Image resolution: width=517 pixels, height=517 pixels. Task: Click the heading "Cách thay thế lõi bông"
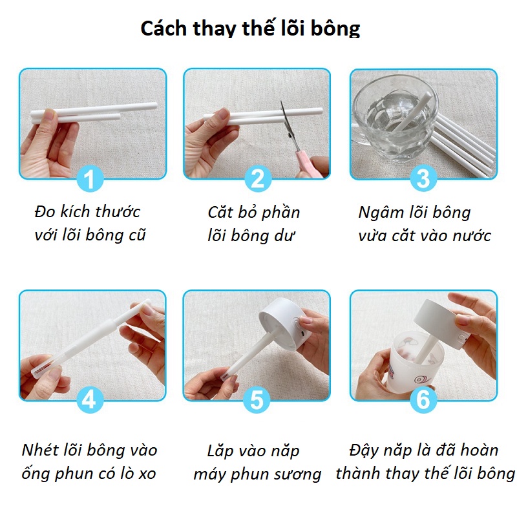pos(250,28)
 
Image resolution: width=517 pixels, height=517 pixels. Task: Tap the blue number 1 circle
pos(90,179)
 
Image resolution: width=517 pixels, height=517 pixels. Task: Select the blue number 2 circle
pos(258,178)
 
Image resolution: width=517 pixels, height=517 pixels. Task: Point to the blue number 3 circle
pos(423,178)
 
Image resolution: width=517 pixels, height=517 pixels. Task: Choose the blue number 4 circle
pos(90,399)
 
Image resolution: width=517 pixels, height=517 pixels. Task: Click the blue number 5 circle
pos(257,400)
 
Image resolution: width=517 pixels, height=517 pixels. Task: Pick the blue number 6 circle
pos(423,399)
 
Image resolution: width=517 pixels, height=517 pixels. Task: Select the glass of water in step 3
pos(395,118)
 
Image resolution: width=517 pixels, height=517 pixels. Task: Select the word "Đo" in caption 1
pos(45,211)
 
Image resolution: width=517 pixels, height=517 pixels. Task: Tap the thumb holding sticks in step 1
pos(50,116)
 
